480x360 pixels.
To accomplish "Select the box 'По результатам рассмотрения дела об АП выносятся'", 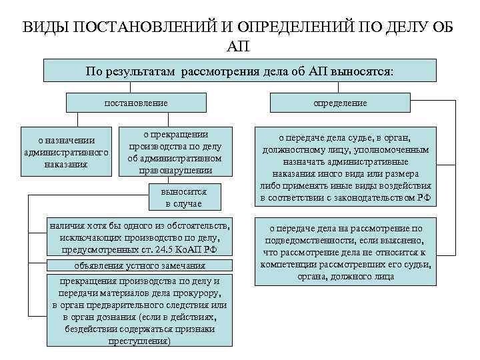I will pos(240,71).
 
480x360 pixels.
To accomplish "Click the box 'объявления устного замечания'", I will pos(139,265).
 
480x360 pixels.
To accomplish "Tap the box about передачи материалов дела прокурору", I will pos(139,311).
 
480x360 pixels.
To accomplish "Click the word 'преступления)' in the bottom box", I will pos(139,341).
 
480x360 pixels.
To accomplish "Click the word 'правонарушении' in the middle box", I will pos(181,170).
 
